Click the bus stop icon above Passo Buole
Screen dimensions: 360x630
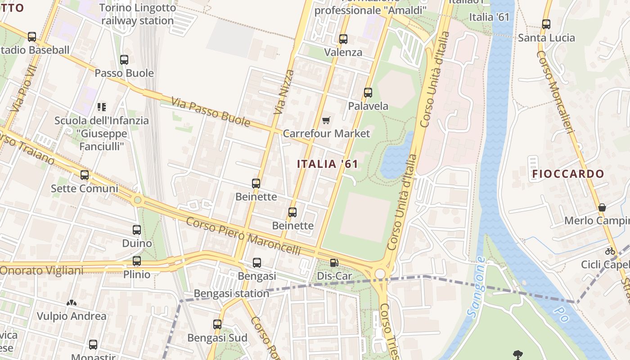(x=124, y=59)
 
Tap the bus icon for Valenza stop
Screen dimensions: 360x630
(x=343, y=39)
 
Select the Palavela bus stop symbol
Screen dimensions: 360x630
(x=368, y=93)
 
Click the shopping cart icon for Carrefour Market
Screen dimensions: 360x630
(x=326, y=120)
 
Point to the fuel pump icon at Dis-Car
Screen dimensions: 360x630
(x=334, y=263)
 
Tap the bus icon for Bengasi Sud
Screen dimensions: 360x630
(x=217, y=324)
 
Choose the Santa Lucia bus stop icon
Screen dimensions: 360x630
(x=546, y=24)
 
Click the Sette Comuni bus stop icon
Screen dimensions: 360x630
(x=85, y=175)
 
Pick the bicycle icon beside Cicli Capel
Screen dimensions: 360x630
(x=610, y=251)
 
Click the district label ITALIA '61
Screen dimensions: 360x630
(x=328, y=164)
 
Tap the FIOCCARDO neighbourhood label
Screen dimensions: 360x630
(x=568, y=174)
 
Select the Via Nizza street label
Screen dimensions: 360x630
(x=284, y=92)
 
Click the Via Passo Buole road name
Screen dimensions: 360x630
(x=210, y=112)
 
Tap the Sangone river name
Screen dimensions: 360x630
(x=476, y=287)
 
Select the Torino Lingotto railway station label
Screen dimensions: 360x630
(x=137, y=14)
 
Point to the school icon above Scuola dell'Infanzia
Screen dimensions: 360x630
(x=102, y=107)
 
